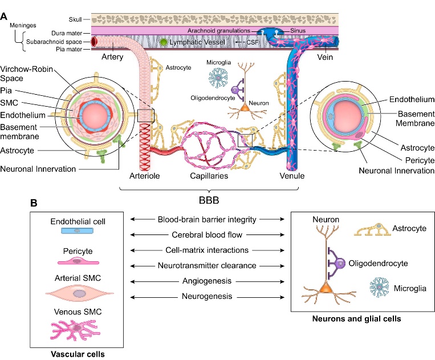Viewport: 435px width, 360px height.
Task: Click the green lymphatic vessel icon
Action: point(164,42)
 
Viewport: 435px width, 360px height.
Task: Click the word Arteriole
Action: point(153,176)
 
